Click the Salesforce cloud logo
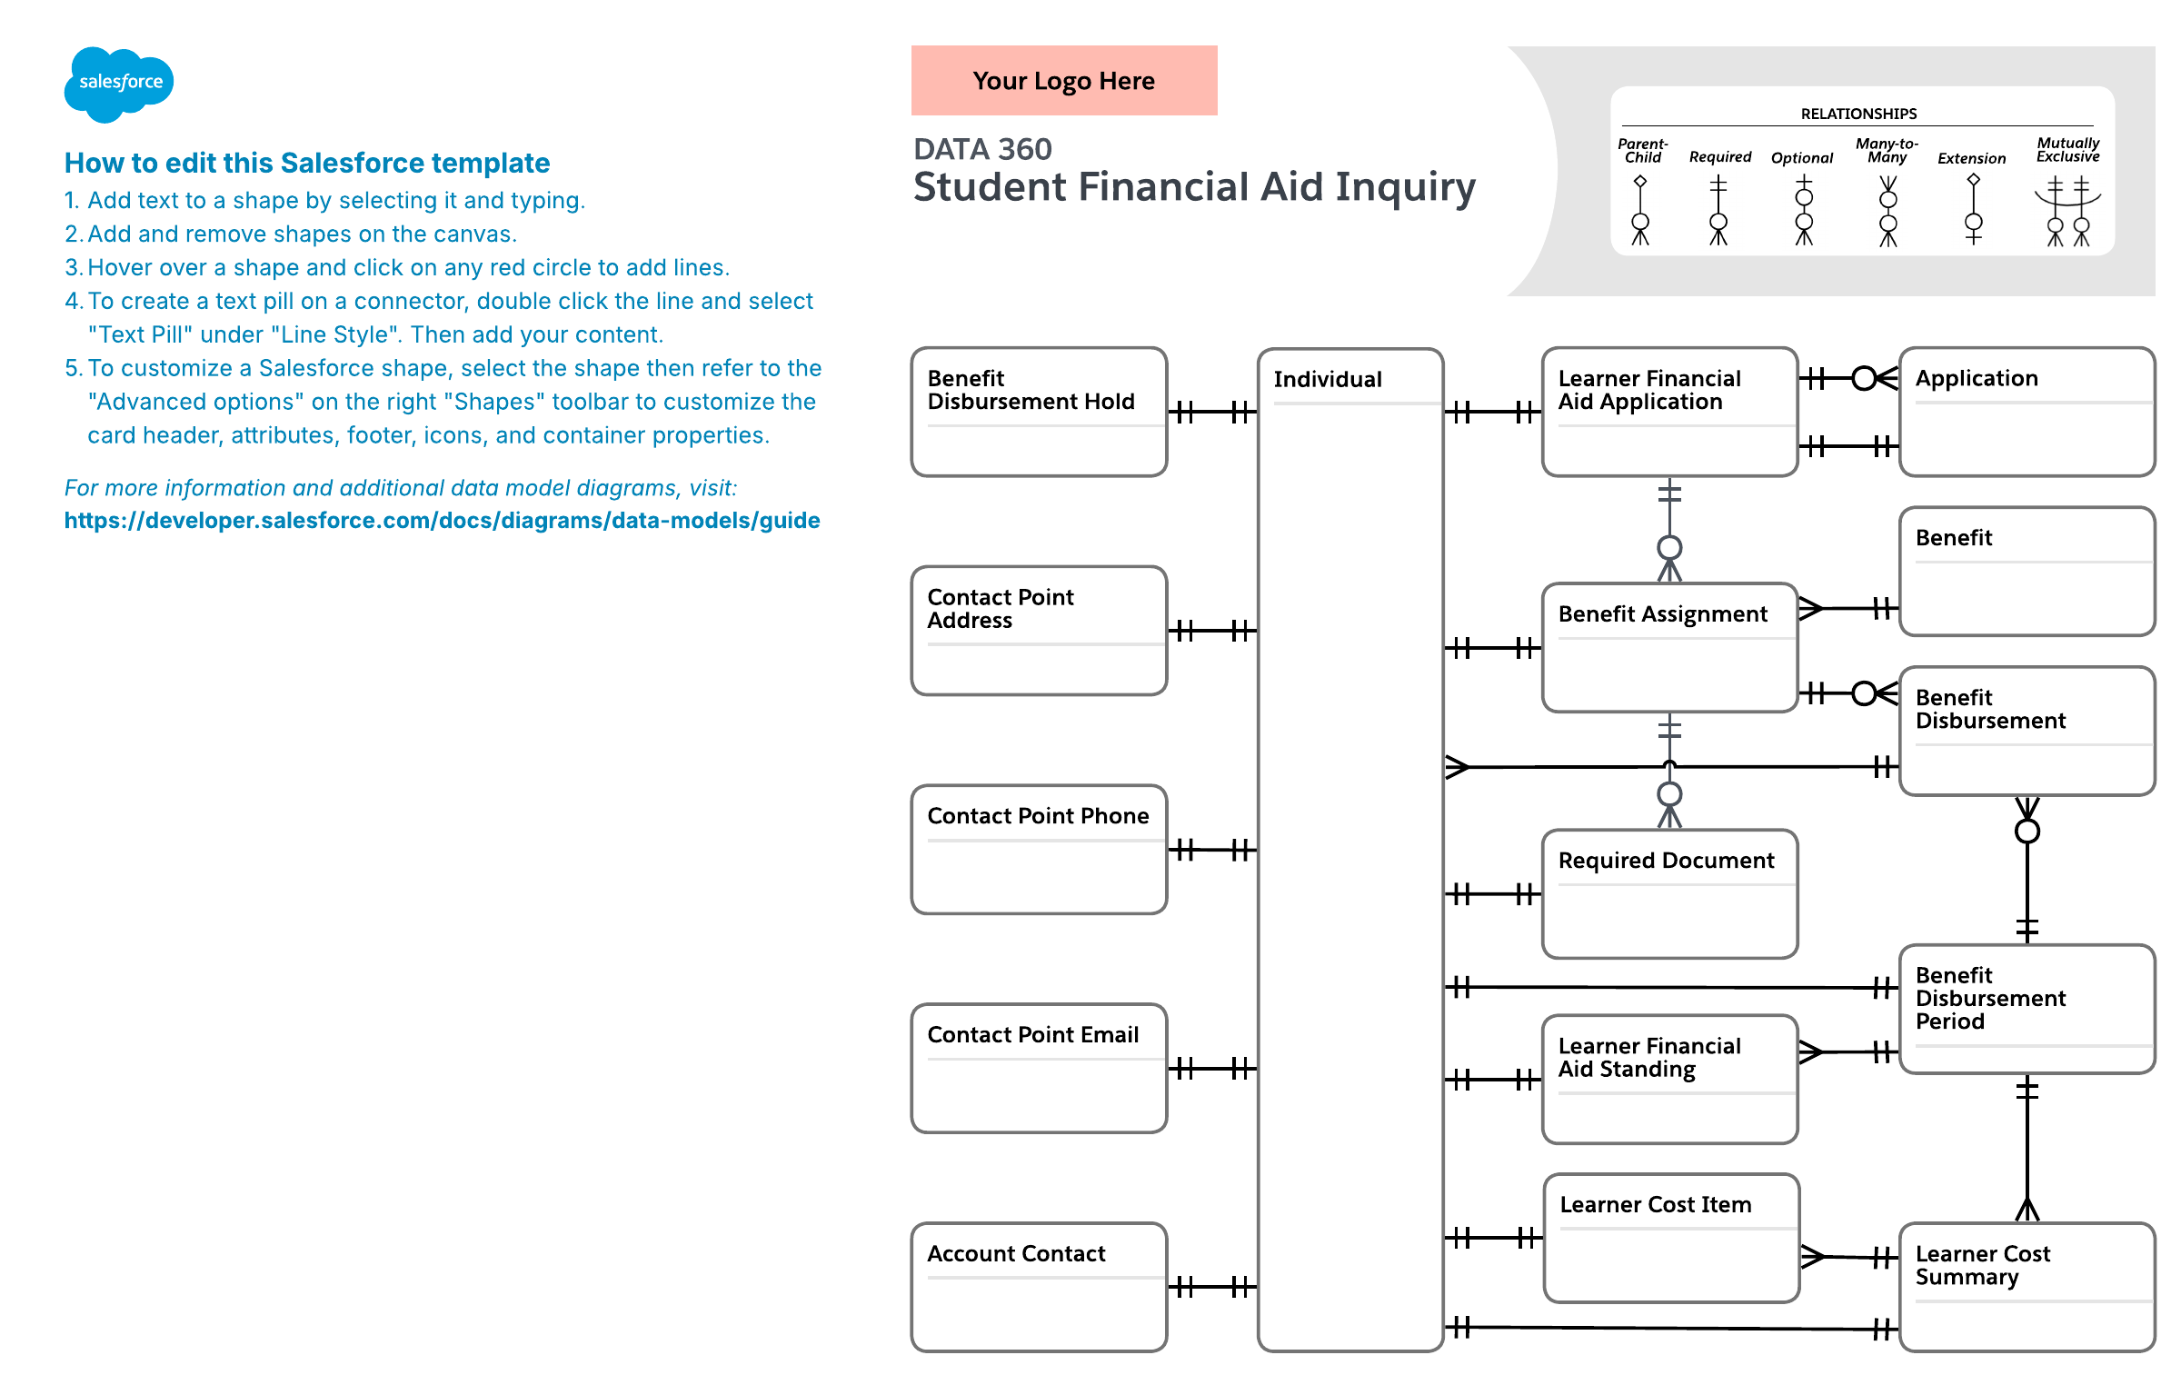(x=119, y=84)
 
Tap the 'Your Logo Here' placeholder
(x=1064, y=81)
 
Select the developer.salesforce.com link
(x=442, y=521)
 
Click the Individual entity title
(x=1328, y=379)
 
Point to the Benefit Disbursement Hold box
(x=1039, y=412)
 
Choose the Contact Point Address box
(x=1039, y=631)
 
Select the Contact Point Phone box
(x=1039, y=850)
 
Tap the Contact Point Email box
(x=1039, y=1069)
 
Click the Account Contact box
(x=1039, y=1287)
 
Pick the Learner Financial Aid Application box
(x=1670, y=412)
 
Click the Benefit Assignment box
(x=1670, y=647)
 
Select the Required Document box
(x=1670, y=893)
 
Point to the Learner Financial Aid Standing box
(x=1670, y=1079)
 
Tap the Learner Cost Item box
(x=1671, y=1238)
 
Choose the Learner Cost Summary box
(x=2027, y=1287)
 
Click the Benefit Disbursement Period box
(x=2027, y=1009)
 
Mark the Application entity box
(x=2027, y=412)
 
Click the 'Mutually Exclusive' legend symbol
(x=2067, y=211)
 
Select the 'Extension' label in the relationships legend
(x=1971, y=158)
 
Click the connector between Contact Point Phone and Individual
(x=1213, y=851)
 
